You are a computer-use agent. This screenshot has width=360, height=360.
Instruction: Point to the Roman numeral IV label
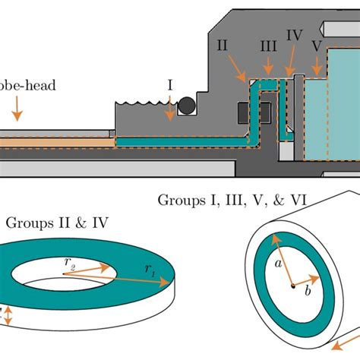pyautogui.click(x=295, y=35)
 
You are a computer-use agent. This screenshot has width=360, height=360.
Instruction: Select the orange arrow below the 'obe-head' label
pyautogui.click(x=17, y=113)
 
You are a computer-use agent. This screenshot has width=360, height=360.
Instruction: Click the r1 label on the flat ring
pyautogui.click(x=149, y=270)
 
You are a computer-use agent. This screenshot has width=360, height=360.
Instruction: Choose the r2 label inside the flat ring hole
pyautogui.click(x=70, y=263)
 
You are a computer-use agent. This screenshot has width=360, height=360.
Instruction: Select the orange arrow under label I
pyautogui.click(x=169, y=112)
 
